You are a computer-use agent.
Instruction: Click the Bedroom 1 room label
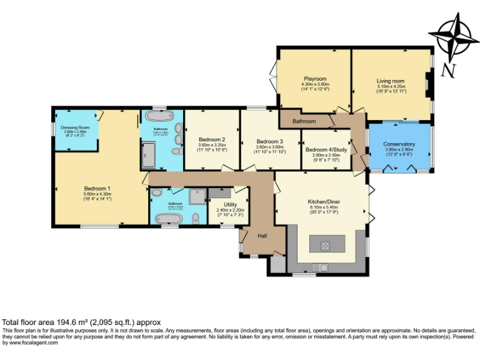pyautogui.click(x=97, y=188)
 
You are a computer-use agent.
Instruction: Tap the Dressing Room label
pyautogui.click(x=75, y=127)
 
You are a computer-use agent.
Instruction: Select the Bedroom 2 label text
pyautogui.click(x=211, y=139)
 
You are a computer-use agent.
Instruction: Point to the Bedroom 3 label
pyautogui.click(x=269, y=141)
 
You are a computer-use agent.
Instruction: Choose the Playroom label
pyautogui.click(x=315, y=79)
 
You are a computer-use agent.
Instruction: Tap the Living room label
pyautogui.click(x=390, y=81)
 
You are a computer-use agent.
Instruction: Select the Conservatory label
pyautogui.click(x=399, y=144)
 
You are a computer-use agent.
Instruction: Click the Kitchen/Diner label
pyautogui.click(x=323, y=202)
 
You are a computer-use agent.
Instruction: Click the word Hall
pyautogui.click(x=262, y=236)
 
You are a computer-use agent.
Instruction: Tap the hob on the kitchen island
pyautogui.click(x=326, y=245)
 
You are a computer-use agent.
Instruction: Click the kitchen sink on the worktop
pyautogui.click(x=321, y=267)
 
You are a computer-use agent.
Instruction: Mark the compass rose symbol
pyautogui.click(x=454, y=36)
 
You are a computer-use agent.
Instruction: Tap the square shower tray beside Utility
pyautogui.click(x=197, y=196)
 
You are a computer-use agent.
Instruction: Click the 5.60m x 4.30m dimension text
pyautogui.click(x=97, y=194)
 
